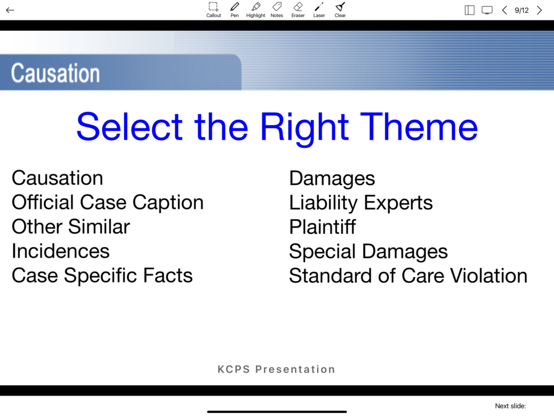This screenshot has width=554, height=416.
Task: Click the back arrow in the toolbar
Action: click(x=10, y=10)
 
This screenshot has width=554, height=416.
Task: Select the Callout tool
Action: click(x=213, y=10)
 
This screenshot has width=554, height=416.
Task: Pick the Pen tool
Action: click(x=235, y=10)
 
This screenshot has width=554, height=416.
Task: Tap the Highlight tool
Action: click(x=255, y=10)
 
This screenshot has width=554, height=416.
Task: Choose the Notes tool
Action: click(x=276, y=10)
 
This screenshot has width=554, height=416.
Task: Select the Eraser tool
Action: click(x=298, y=10)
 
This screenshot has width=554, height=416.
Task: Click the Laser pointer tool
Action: click(x=319, y=10)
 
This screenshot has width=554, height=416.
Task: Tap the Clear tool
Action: click(x=340, y=10)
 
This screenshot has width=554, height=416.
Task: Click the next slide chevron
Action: click(x=539, y=10)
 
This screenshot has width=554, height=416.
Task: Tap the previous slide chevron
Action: click(x=505, y=10)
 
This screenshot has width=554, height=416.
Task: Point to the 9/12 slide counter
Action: click(x=522, y=10)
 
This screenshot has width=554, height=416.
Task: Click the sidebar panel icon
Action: click(x=470, y=10)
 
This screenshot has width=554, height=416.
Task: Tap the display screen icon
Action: click(x=487, y=10)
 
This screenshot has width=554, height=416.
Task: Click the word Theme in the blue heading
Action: click(x=419, y=127)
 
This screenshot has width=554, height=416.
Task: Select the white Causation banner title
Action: click(x=56, y=73)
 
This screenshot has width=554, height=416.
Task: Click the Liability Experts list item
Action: click(x=361, y=203)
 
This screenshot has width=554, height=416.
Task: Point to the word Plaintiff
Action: click(x=322, y=227)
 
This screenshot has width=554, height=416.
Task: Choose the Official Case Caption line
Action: click(x=108, y=203)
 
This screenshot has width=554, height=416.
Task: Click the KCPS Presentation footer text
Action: click(x=276, y=369)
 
